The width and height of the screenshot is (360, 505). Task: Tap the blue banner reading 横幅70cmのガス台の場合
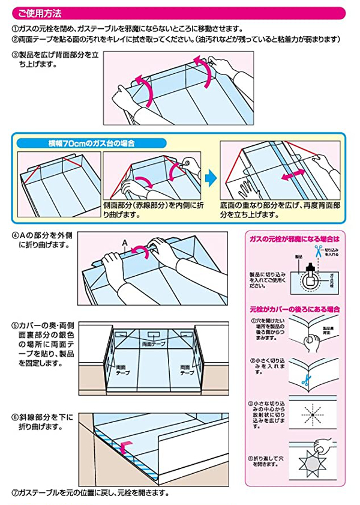[89, 144]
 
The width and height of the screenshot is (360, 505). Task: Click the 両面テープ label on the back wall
[154, 345]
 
